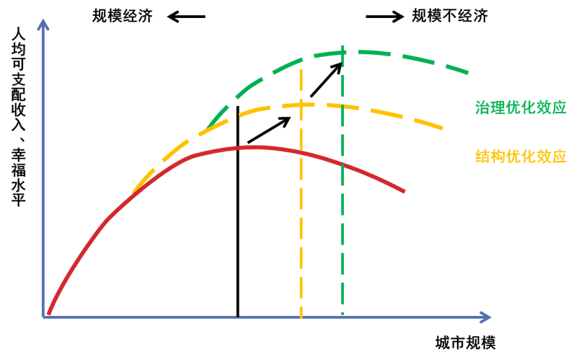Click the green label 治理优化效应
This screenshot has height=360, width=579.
pos(521,108)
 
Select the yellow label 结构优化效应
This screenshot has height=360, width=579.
pos(521,157)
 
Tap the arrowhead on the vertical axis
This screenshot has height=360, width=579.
pos(43,25)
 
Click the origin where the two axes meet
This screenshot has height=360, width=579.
pos(44,317)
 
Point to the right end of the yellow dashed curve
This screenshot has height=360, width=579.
pos(442,128)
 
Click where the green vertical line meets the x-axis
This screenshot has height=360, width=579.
pos(343,317)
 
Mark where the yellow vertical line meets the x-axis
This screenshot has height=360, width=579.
pos(301,317)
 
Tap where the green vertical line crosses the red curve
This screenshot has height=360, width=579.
pos(343,165)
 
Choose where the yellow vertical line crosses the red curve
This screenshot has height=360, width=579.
pos(301,152)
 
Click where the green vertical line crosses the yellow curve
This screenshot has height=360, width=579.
pos(343,107)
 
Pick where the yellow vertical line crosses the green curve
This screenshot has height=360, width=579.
pos(301,57)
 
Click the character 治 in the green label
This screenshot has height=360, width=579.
pos(482,108)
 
